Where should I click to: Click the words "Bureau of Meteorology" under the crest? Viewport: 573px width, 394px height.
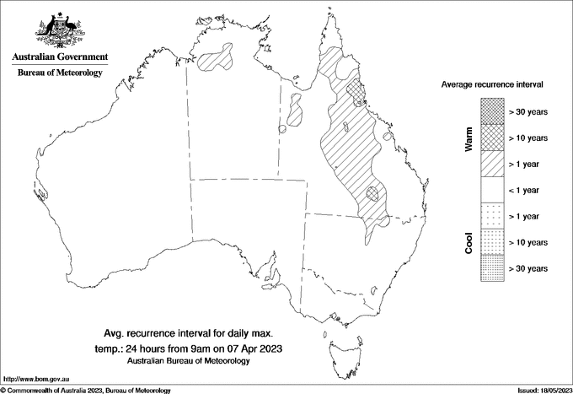(60, 73)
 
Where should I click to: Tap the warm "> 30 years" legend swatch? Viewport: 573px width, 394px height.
(492, 111)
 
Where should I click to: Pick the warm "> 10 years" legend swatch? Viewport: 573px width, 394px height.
(492, 138)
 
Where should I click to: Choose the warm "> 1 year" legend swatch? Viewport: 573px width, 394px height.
(492, 164)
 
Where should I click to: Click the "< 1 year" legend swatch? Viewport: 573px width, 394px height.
(492, 190)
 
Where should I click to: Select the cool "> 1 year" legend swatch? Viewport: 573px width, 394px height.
(492, 216)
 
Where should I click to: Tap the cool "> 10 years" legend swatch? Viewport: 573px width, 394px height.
(492, 242)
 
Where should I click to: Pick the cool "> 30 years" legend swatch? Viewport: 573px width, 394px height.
(492, 267)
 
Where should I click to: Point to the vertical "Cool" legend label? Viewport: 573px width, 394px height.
(469, 243)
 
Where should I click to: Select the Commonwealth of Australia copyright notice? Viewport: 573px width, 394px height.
(86, 390)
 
